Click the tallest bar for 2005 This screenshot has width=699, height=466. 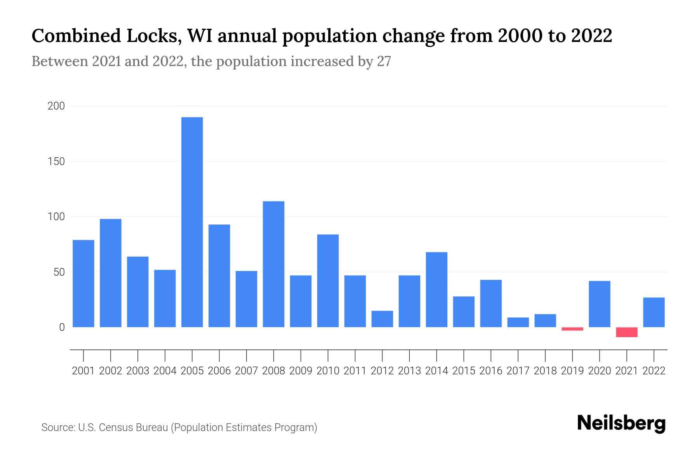pos(192,222)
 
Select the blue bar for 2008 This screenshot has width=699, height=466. pos(273,264)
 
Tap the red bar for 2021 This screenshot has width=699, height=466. pos(626,332)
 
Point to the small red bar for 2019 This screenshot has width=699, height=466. pos(572,329)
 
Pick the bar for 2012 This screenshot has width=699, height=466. pos(382,319)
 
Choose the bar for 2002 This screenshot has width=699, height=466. pos(111,273)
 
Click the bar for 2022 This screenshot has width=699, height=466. pos(654,312)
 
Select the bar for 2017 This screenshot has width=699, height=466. pos(518,322)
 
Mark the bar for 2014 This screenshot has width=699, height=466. pos(436,290)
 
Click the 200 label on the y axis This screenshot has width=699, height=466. pos(56,106)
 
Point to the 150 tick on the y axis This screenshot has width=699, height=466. pos(56,161)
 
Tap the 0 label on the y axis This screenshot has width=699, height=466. pos(62,327)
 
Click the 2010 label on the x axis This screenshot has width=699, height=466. pos(328,371)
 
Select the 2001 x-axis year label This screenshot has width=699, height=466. pos(83,371)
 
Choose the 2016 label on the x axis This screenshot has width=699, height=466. pos(491,371)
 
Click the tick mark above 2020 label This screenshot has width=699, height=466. pos(600,355)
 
